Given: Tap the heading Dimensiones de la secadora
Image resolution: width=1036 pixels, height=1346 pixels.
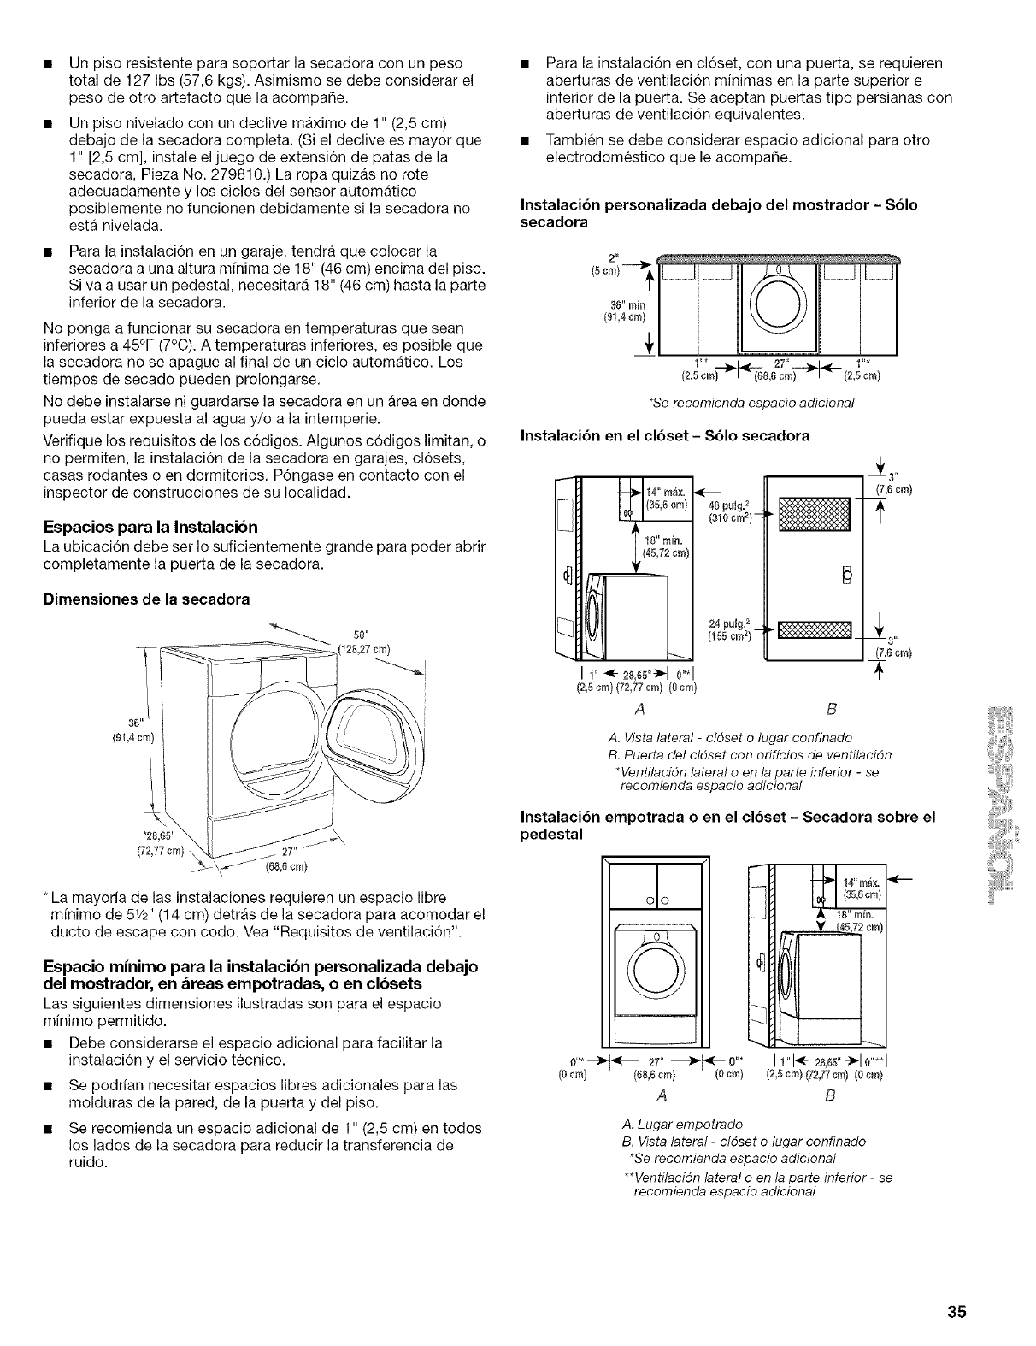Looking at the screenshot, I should (x=145, y=599).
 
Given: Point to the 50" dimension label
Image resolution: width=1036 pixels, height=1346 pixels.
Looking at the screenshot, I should (x=360, y=635).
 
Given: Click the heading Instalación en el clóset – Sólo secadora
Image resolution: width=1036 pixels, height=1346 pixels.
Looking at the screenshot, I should (x=665, y=436).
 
